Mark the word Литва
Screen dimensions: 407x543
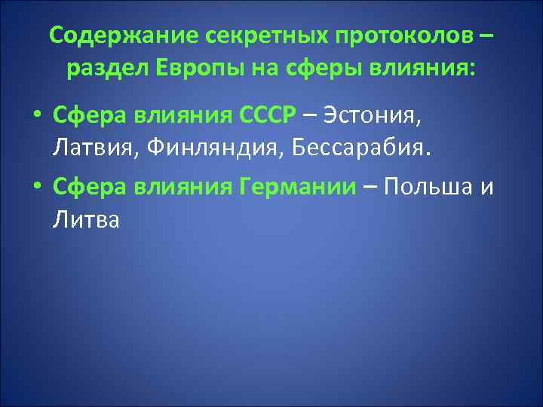pos(87,220)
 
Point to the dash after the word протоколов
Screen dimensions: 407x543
pos(491,36)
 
